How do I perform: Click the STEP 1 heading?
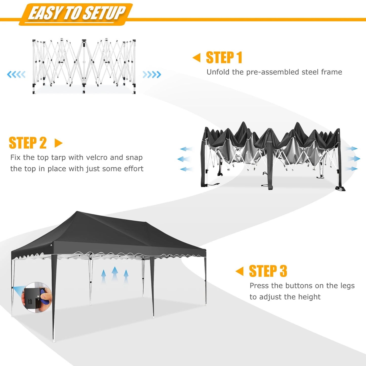(x=224, y=57)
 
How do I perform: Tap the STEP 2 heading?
(x=28, y=143)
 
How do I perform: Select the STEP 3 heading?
(x=268, y=271)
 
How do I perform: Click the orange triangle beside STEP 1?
(x=197, y=57)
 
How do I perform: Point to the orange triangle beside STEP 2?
(x=58, y=143)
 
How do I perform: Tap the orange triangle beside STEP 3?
(x=240, y=271)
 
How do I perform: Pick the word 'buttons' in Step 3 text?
(x=299, y=286)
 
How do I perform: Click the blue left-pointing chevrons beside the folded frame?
(x=16, y=74)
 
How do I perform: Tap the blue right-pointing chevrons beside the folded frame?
(x=152, y=74)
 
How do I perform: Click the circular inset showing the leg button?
(x=37, y=297)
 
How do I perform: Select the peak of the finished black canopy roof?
(x=77, y=212)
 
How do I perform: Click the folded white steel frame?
(x=84, y=66)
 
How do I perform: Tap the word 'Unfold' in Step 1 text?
(x=218, y=72)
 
